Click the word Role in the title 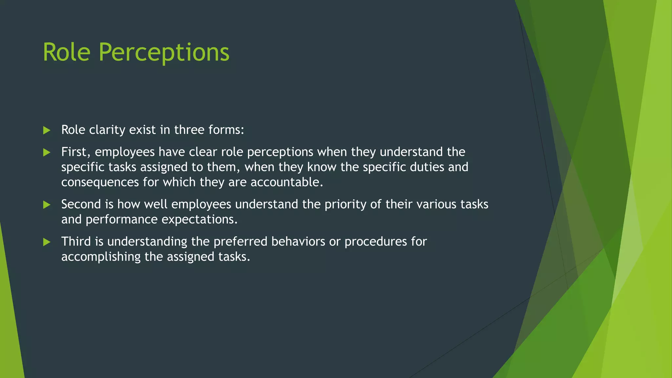pos(67,52)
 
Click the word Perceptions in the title pos(164,53)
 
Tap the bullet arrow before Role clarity pos(47,131)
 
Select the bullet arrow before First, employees pos(47,152)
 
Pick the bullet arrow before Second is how pos(47,205)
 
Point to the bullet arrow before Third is pos(47,242)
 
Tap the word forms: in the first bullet pos(226,130)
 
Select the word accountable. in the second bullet pos(287,182)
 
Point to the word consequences pos(100,182)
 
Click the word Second pos(81,204)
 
